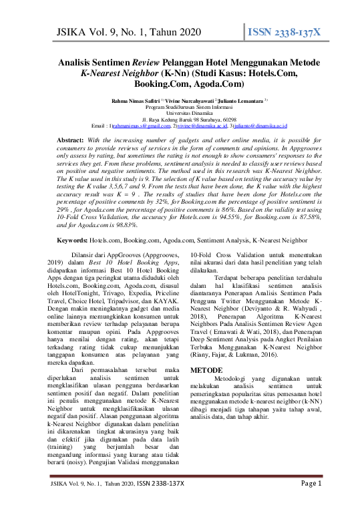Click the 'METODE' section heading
206,369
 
